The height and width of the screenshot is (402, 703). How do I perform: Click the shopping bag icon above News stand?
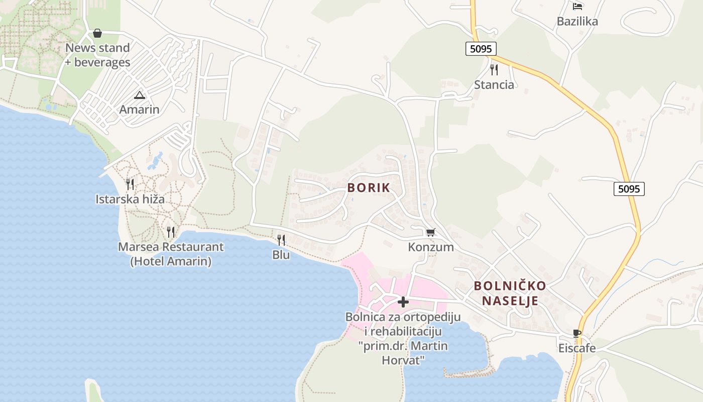coord(97,34)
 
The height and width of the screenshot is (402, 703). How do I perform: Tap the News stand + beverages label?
coord(97,55)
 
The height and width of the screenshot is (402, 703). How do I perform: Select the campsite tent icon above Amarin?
coord(139,95)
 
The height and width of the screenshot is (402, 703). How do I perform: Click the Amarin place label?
coord(139,110)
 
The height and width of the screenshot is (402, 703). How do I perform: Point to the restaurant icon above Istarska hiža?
coord(130,184)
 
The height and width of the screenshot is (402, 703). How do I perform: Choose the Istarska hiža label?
coord(130,199)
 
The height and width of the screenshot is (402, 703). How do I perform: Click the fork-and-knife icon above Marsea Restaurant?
coord(171,232)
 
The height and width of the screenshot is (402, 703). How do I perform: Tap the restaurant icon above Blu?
coord(281,240)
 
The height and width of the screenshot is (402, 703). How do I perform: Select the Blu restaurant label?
coord(281,255)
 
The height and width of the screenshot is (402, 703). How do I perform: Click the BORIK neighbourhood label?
coord(369,188)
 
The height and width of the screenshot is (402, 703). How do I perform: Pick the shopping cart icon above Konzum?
coord(430,232)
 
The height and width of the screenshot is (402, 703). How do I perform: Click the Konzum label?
coord(431,247)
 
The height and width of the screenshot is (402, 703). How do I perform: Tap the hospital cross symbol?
coord(403,302)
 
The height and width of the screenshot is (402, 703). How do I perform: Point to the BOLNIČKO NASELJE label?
coord(510,293)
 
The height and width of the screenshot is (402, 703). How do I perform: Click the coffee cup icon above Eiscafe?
coord(577,334)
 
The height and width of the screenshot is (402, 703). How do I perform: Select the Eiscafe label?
coord(577,348)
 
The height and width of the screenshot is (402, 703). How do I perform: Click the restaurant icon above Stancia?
coord(494,70)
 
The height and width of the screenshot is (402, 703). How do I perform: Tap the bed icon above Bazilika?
coord(577,7)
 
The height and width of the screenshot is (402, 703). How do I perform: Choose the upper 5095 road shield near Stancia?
coord(481,49)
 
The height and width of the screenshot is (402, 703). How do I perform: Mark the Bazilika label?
coord(577,22)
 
